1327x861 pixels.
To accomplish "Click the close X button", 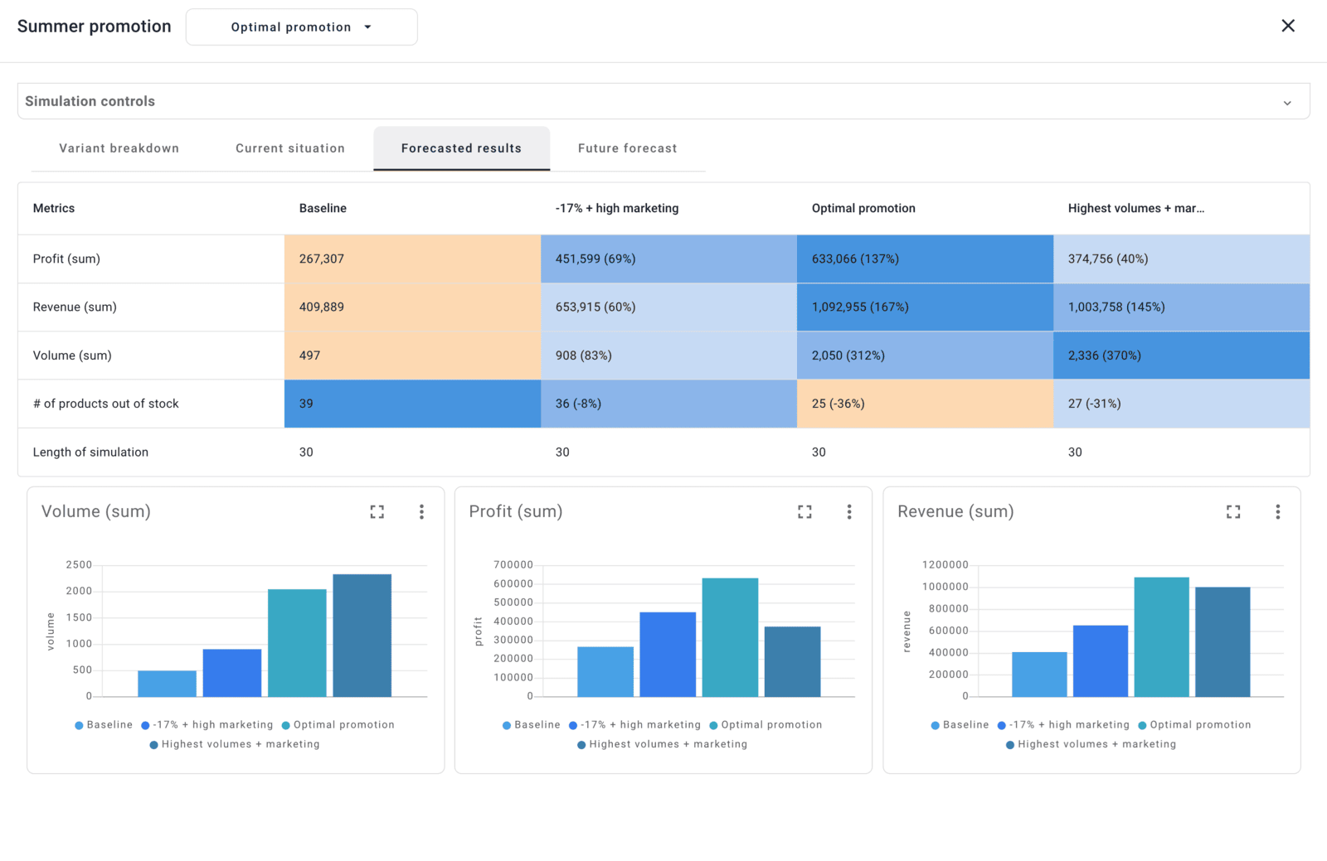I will coord(1287,26).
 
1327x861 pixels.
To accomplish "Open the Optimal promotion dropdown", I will coord(301,27).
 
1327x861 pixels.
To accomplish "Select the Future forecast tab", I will coord(627,148).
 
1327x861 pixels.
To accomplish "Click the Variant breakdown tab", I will coord(119,148).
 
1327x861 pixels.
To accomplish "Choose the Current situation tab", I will coord(289,148).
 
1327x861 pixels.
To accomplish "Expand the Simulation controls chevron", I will coord(1286,103).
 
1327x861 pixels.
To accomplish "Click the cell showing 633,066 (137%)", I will coord(924,259).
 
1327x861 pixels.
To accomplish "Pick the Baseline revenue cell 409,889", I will coord(411,307).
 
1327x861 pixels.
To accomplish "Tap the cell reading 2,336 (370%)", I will coord(1180,356).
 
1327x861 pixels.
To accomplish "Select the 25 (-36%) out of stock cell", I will coord(924,404).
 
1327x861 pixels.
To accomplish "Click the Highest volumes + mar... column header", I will coord(1135,208).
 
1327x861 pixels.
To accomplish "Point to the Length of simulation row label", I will coord(90,452).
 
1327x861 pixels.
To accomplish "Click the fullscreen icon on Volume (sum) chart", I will coord(377,512).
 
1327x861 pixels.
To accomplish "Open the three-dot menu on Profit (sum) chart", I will coord(848,512).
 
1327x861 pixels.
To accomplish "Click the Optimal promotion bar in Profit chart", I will coord(730,637).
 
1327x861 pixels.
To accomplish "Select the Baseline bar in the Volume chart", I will coord(167,684).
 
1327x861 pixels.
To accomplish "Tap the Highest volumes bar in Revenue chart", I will coord(1222,642).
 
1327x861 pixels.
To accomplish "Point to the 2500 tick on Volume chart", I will coord(79,564).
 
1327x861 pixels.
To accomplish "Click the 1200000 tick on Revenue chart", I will coord(945,564).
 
